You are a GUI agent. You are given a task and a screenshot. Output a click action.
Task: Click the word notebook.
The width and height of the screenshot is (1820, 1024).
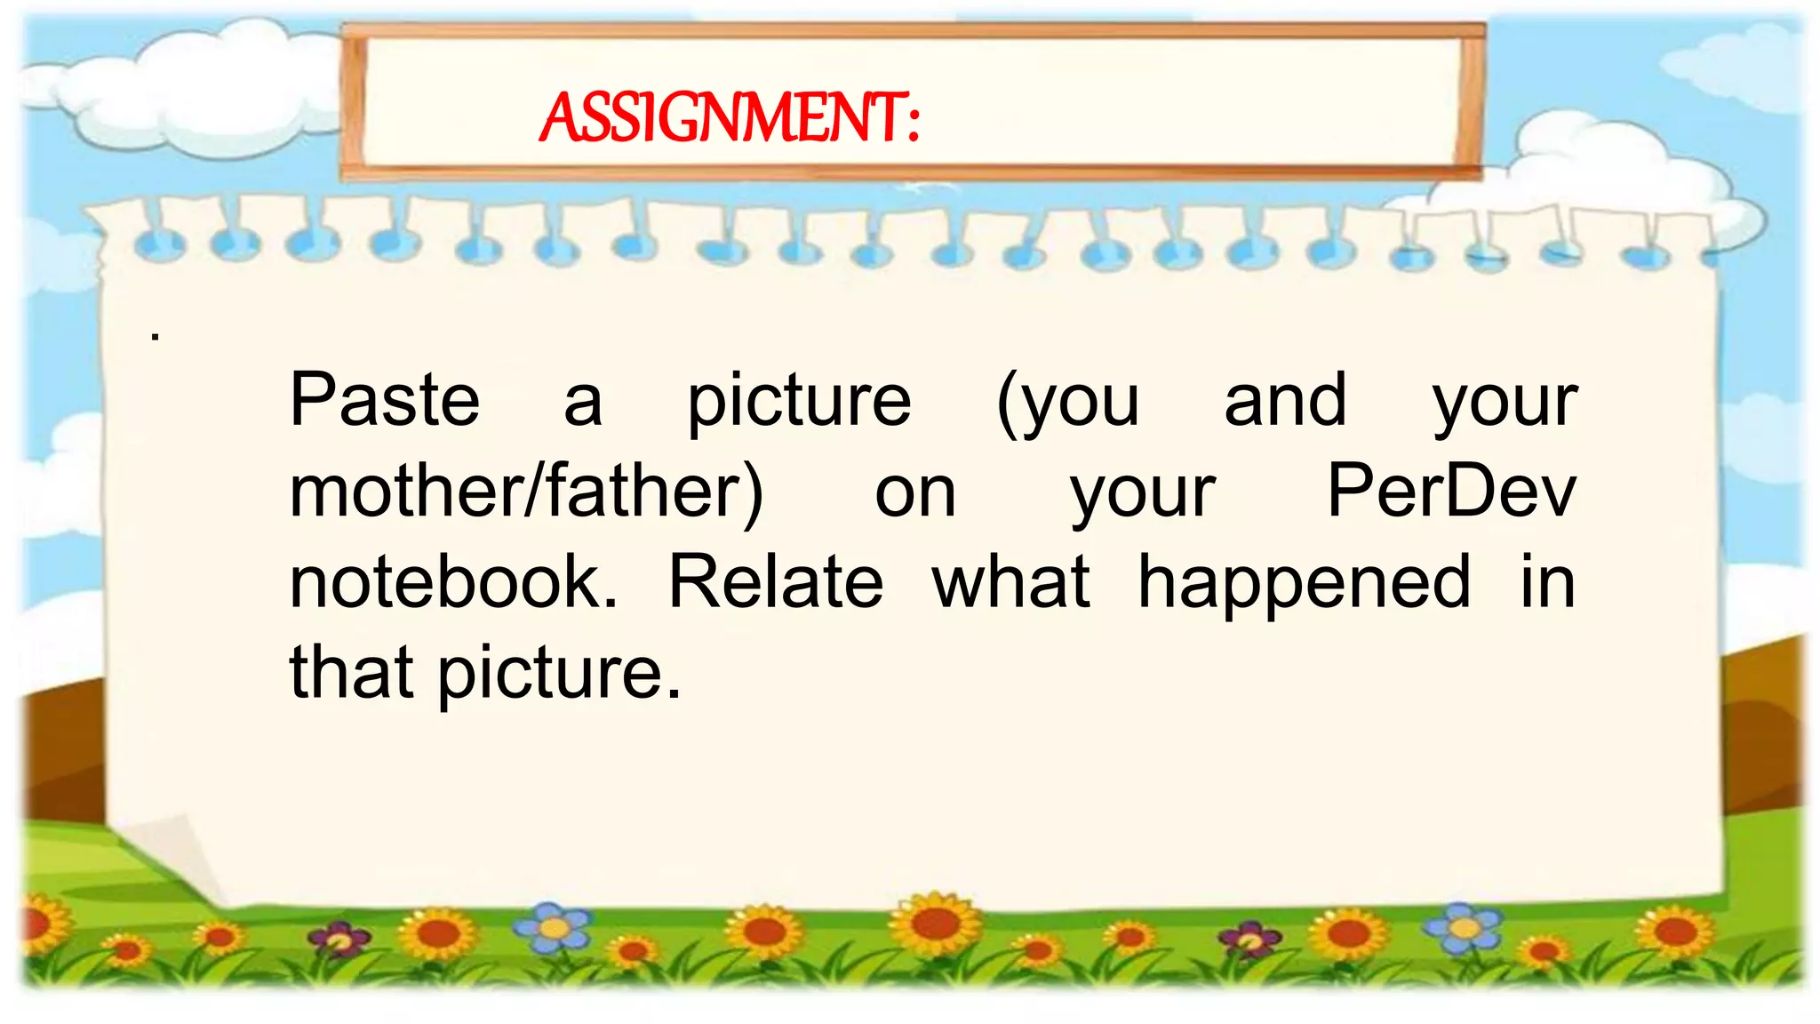coord(453,582)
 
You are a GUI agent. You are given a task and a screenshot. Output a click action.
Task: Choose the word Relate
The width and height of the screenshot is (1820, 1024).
coord(775,582)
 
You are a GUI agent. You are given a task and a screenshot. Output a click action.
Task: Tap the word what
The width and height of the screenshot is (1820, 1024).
coord(1011,582)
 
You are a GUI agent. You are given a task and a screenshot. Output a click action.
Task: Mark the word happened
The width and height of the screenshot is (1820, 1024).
coord(1304,582)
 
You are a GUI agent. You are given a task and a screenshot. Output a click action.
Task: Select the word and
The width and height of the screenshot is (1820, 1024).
coord(1285,400)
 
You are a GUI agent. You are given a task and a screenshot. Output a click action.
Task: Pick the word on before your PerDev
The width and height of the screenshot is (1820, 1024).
coord(915,494)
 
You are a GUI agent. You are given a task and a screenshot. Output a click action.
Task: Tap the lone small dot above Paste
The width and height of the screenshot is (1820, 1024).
coord(156,337)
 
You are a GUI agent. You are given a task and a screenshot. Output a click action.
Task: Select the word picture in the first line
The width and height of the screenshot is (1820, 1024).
coord(799,402)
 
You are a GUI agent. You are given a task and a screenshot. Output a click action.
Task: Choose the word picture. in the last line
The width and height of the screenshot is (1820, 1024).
coord(560,674)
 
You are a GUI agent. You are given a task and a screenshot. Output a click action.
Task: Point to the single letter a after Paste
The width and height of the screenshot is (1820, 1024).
coord(583,402)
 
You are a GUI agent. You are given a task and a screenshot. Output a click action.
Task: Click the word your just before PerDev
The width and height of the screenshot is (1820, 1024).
coord(1143,494)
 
